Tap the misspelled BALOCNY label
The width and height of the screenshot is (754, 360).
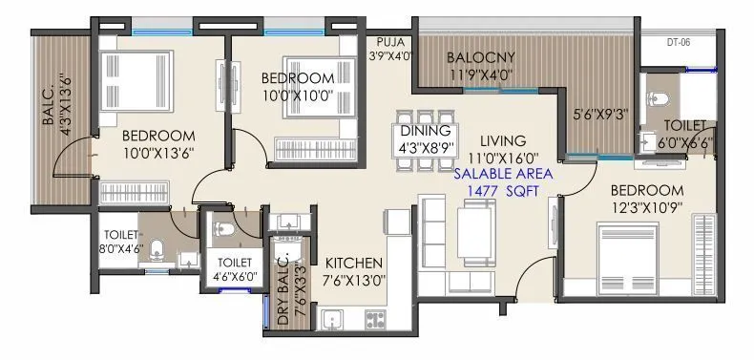tap(483, 57)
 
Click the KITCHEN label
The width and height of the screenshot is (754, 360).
tap(354, 263)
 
